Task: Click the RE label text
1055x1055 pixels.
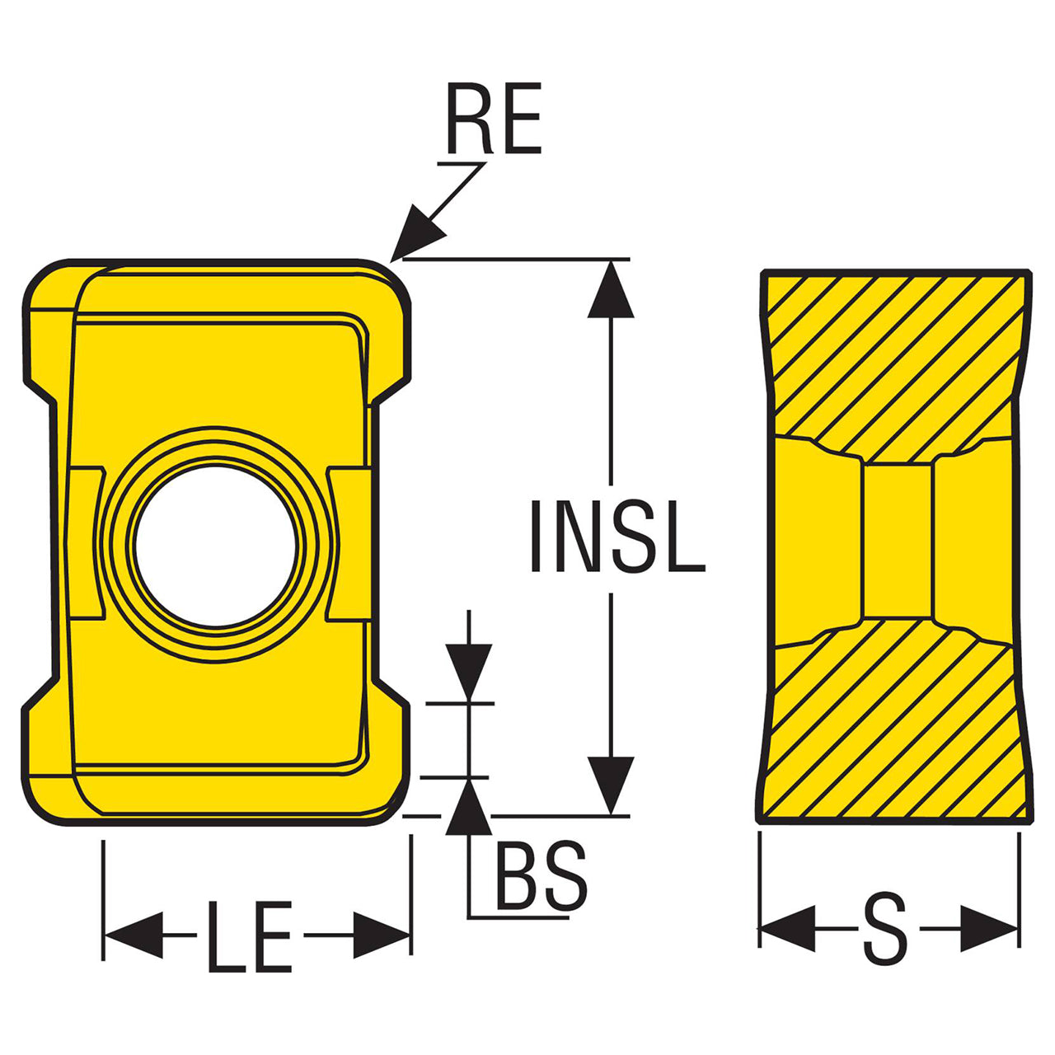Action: point(494,118)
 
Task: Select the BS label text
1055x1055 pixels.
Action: point(541,875)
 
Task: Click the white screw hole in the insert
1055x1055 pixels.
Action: point(215,546)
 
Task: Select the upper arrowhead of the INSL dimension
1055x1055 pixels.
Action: point(611,288)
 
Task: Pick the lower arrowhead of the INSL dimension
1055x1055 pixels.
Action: point(611,785)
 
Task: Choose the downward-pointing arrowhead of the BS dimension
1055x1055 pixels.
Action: point(469,672)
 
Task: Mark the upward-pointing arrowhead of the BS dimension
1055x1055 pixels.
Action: point(469,807)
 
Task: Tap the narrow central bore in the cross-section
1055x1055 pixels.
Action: point(898,542)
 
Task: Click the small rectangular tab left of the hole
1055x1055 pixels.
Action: point(87,544)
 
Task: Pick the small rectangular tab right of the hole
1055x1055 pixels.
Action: point(349,544)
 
